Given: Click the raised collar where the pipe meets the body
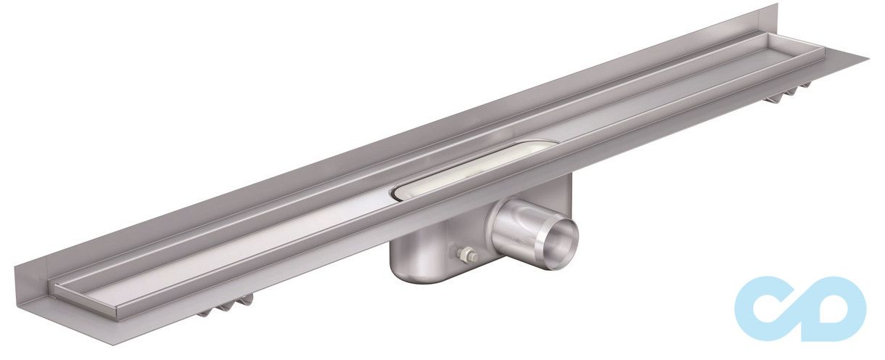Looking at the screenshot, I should click(x=508, y=225).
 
